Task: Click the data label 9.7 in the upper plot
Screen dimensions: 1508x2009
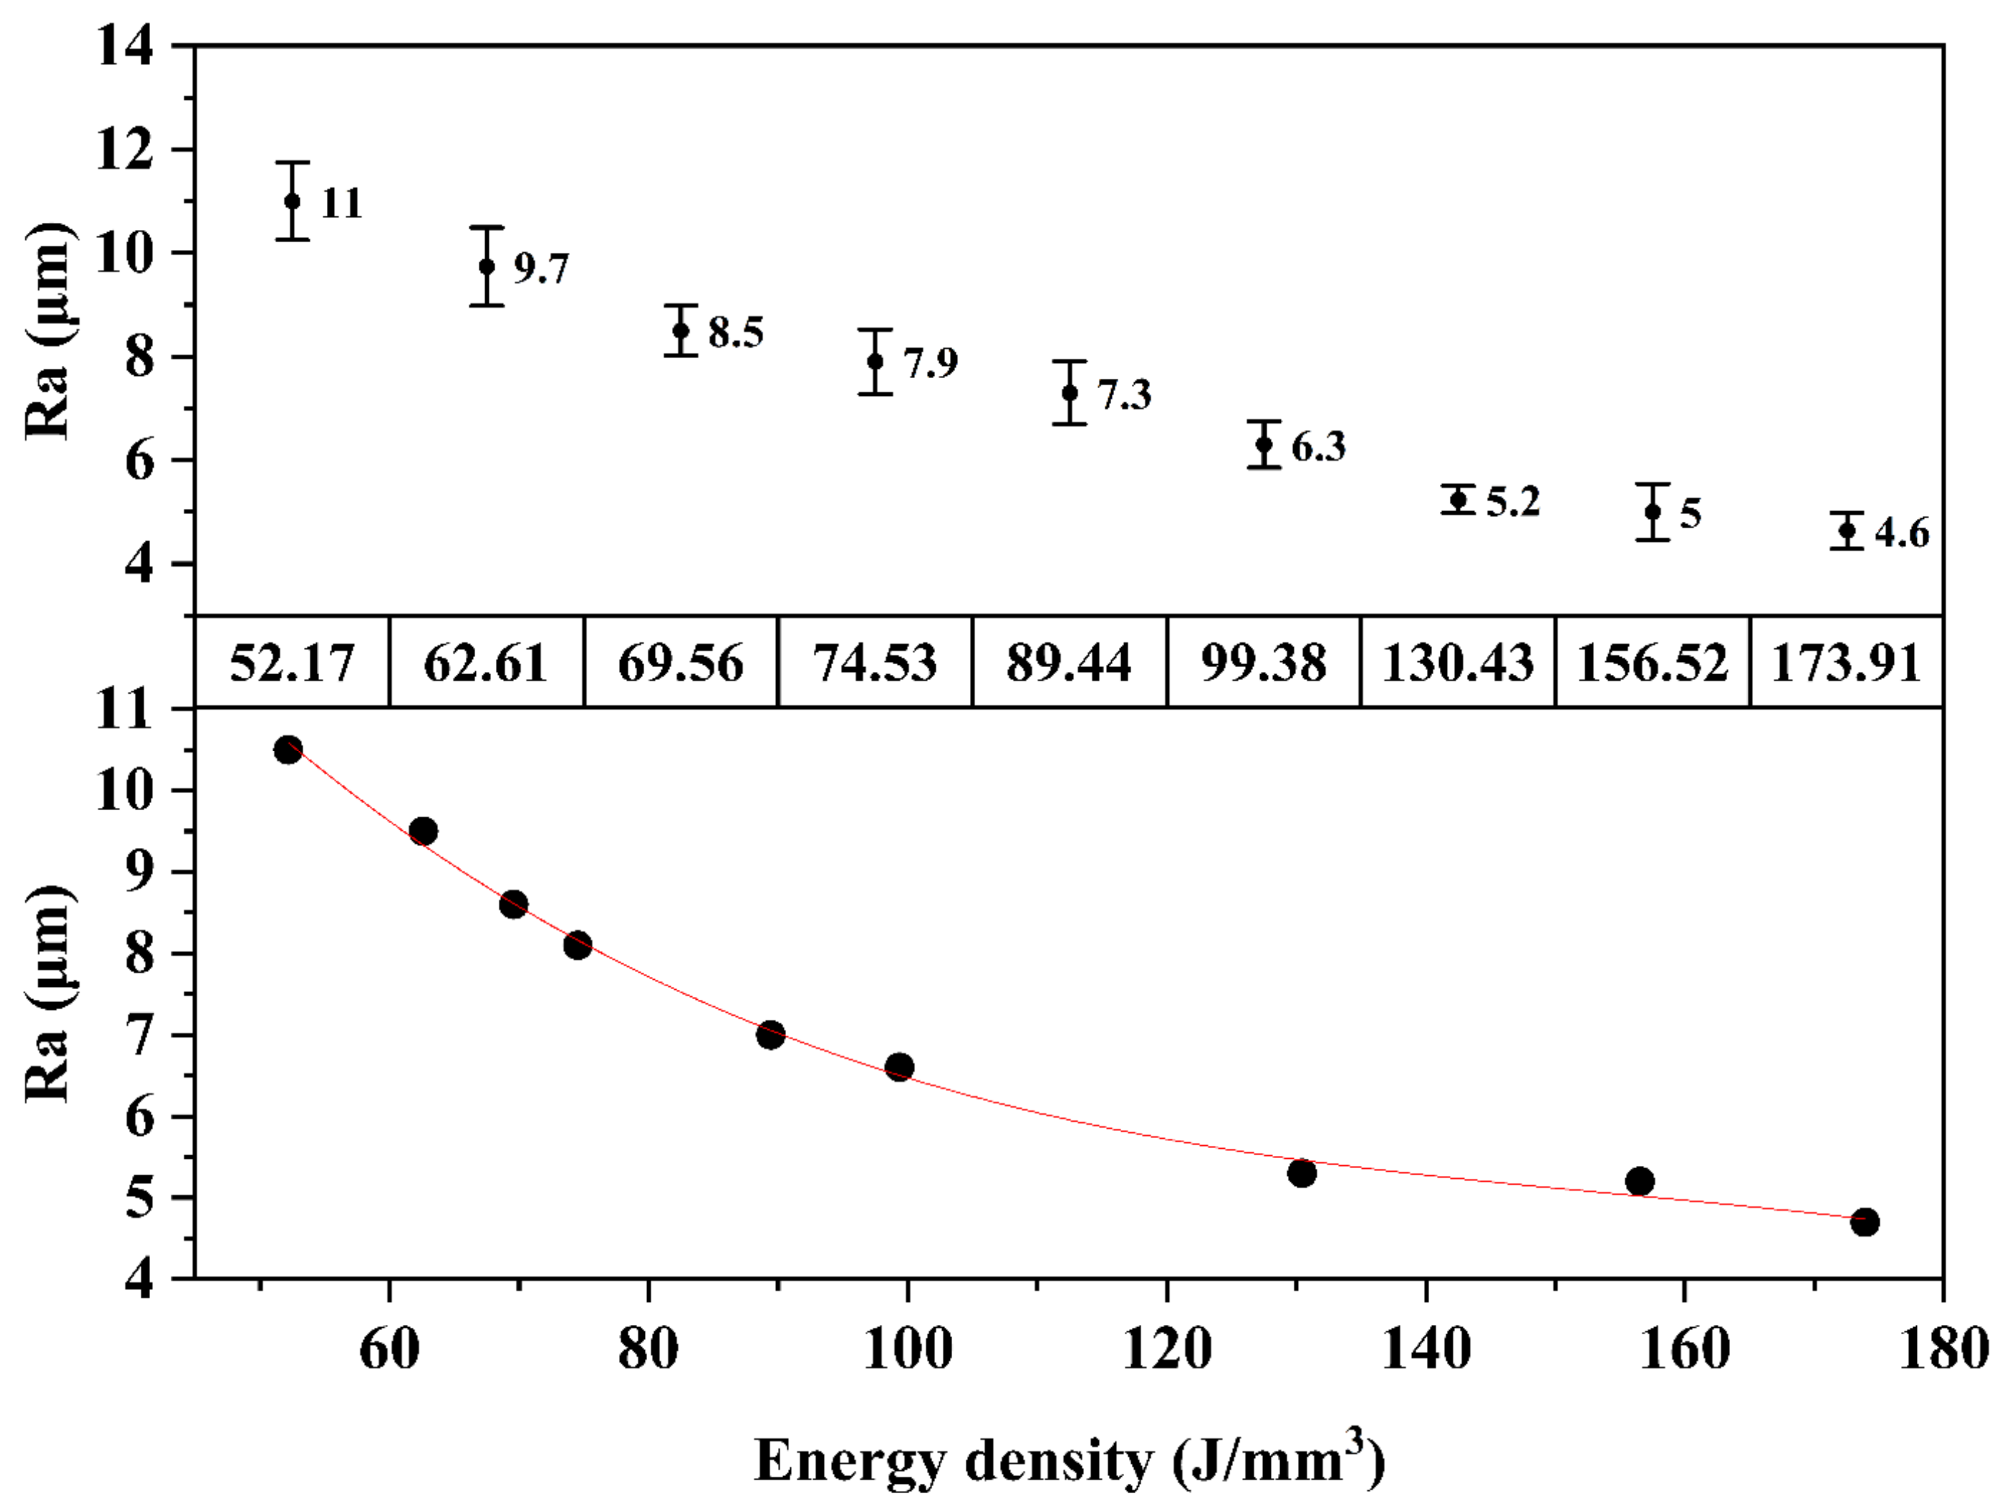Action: [x=541, y=269]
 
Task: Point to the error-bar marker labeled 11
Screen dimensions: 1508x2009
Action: [x=293, y=201]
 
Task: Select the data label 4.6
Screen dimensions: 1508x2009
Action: [x=1902, y=533]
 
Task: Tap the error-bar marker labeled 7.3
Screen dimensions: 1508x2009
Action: [x=1070, y=392]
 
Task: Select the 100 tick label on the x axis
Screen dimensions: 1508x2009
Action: [x=907, y=1349]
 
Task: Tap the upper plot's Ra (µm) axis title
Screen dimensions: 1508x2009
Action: [x=47, y=331]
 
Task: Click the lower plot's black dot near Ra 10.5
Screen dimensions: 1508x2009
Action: [x=288, y=750]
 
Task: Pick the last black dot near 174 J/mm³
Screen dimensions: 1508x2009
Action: [x=1865, y=1222]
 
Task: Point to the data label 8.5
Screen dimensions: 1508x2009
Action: [x=736, y=332]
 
